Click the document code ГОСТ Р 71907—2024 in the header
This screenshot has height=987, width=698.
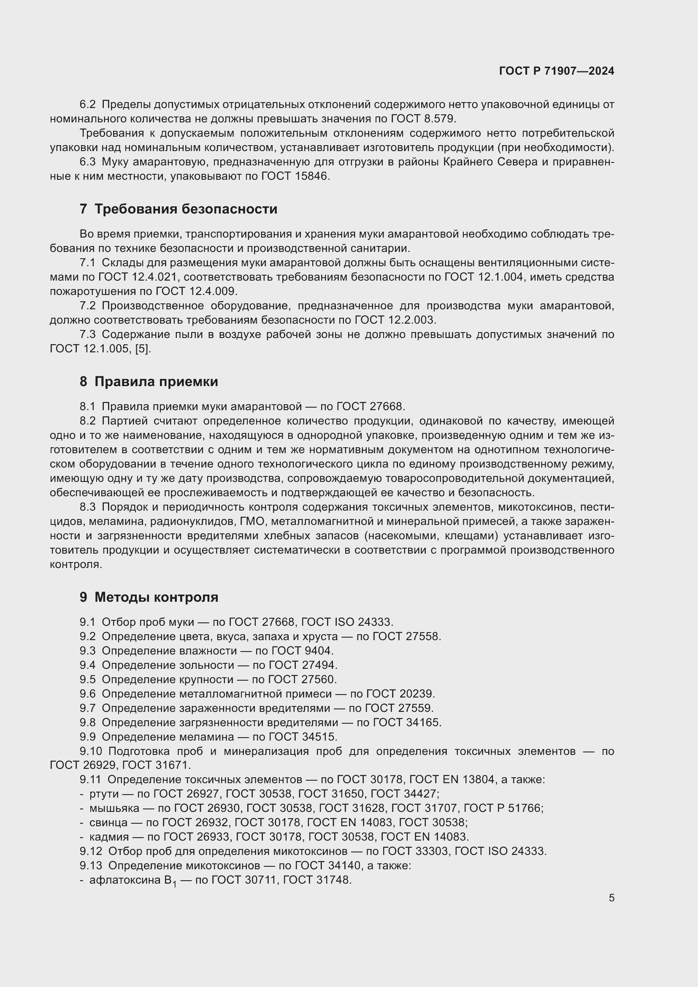[557, 71]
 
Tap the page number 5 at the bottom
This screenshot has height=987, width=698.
[611, 898]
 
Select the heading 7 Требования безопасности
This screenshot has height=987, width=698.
[179, 209]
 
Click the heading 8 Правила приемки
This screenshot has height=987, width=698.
[149, 382]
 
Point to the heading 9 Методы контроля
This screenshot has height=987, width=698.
[149, 597]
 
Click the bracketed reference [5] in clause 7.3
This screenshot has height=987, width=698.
[143, 349]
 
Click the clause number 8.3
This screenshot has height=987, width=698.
[88, 507]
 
